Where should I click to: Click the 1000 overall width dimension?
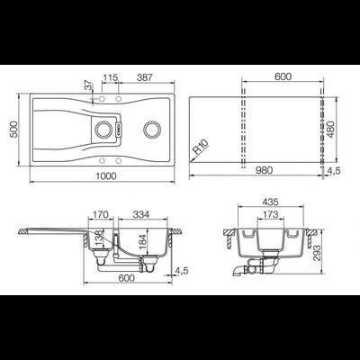[106, 175]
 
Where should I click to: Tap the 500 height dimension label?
[14, 130]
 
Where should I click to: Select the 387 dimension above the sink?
[145, 77]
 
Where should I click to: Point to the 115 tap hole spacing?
[110, 77]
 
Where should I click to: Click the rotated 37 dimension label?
[88, 86]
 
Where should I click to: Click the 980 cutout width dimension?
[264, 170]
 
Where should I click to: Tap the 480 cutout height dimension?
[330, 130]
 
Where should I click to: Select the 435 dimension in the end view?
[271, 202]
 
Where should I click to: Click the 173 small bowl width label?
[270, 214]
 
